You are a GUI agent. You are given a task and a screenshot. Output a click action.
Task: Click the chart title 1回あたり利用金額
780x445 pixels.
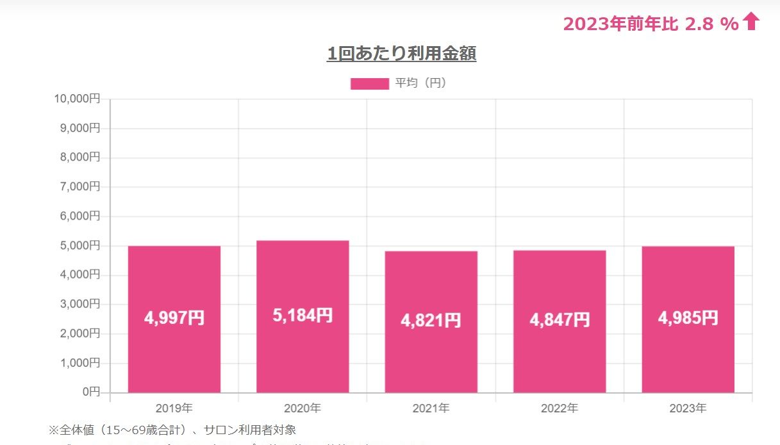(x=401, y=54)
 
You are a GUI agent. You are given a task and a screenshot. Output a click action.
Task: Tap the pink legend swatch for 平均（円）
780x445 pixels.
(x=369, y=84)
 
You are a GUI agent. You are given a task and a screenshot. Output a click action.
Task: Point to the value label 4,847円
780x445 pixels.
(x=560, y=320)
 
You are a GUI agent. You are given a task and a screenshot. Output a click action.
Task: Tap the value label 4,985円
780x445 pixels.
(x=688, y=318)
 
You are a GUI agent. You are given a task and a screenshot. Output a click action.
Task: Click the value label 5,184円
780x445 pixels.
(x=303, y=315)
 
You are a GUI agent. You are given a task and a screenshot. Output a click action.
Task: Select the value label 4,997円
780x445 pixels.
(x=174, y=318)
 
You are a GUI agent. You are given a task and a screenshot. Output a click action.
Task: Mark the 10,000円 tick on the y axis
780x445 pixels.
(x=77, y=99)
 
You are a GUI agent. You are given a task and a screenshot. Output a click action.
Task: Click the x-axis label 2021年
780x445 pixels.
(x=431, y=408)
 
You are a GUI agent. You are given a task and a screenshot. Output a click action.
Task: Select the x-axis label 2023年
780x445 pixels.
(x=688, y=408)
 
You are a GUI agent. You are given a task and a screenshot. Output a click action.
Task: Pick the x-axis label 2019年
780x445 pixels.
(x=174, y=408)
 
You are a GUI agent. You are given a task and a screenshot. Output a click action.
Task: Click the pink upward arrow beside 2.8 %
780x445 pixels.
(x=751, y=22)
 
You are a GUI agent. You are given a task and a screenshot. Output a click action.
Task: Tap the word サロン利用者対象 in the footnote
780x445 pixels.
(x=250, y=430)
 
